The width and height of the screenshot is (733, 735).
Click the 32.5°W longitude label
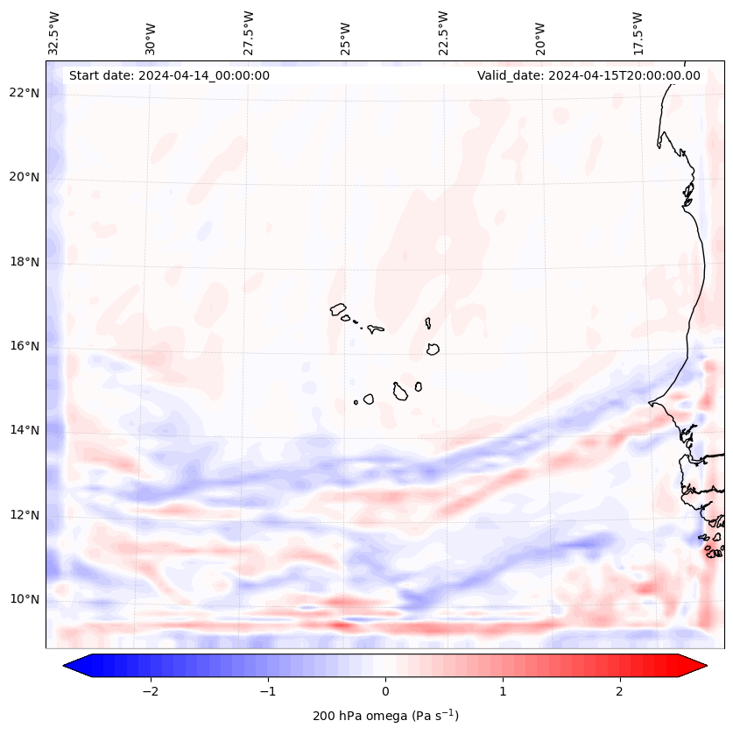tap(54, 32)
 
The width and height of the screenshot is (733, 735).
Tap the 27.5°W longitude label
tap(249, 32)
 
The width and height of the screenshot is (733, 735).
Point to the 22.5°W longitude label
tap(443, 32)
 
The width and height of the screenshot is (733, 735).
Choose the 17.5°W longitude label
tap(638, 32)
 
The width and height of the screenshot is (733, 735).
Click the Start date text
tap(169, 75)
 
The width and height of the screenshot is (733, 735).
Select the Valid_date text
tap(589, 75)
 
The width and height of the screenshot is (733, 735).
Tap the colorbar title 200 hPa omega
tap(385, 716)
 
